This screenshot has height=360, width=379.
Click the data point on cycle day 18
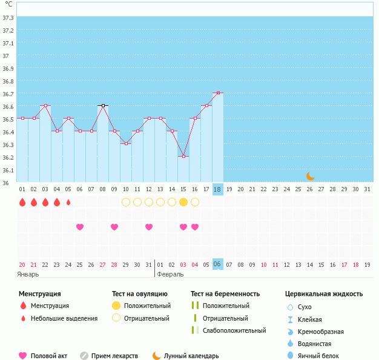(218, 93)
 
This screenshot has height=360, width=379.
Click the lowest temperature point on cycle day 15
(183, 156)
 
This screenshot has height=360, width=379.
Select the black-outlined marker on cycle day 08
(103, 106)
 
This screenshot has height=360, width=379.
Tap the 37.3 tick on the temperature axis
(8, 18)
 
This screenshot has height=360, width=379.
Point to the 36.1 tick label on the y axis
(8, 170)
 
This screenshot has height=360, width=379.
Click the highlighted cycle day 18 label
(218, 189)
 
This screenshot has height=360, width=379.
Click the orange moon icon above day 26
(310, 176)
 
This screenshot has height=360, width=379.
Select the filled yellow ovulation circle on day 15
(183, 202)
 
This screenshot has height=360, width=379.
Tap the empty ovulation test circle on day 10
(126, 202)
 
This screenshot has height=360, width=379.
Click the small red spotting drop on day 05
(68, 202)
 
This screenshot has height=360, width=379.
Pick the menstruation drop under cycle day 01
(22, 202)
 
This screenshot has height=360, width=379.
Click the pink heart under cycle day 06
(80, 227)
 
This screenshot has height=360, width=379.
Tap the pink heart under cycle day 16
(195, 227)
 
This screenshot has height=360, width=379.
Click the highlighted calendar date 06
(218, 264)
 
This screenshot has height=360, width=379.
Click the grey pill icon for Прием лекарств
(84, 356)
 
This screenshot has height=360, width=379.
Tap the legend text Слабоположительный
(234, 330)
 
